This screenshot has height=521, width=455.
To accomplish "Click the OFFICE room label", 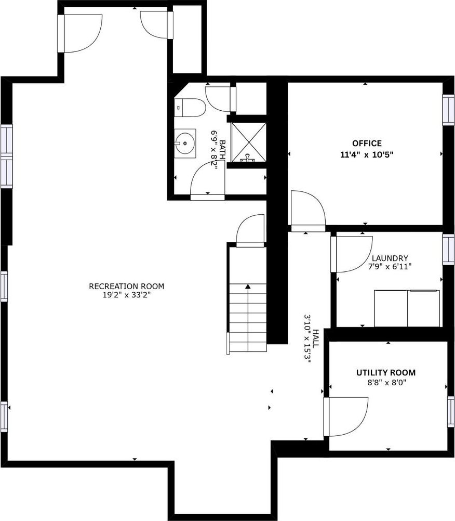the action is pyautogui.click(x=367, y=143).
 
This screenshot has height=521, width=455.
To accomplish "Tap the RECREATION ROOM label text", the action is pyautogui.click(x=126, y=286).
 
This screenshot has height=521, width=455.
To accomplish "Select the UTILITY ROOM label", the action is pyautogui.click(x=385, y=372).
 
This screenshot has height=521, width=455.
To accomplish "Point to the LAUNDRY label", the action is pyautogui.click(x=390, y=258).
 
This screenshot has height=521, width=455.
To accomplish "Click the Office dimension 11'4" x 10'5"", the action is pyautogui.click(x=367, y=154).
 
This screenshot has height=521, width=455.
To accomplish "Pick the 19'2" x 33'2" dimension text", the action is pyautogui.click(x=127, y=295).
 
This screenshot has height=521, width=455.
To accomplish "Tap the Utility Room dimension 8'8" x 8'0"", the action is pyautogui.click(x=386, y=383).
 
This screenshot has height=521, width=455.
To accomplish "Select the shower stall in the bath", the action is pyautogui.click(x=249, y=142).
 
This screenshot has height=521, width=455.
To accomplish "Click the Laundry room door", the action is pyautogui.click(x=351, y=254).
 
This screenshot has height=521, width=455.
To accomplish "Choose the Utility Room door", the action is pyautogui.click(x=345, y=416).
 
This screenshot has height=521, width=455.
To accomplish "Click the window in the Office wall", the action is pyautogui.click(x=448, y=110).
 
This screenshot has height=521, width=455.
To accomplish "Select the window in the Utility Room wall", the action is pyautogui.click(x=451, y=412).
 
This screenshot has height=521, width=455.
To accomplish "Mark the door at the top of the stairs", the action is pyautogui.click(x=250, y=231).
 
